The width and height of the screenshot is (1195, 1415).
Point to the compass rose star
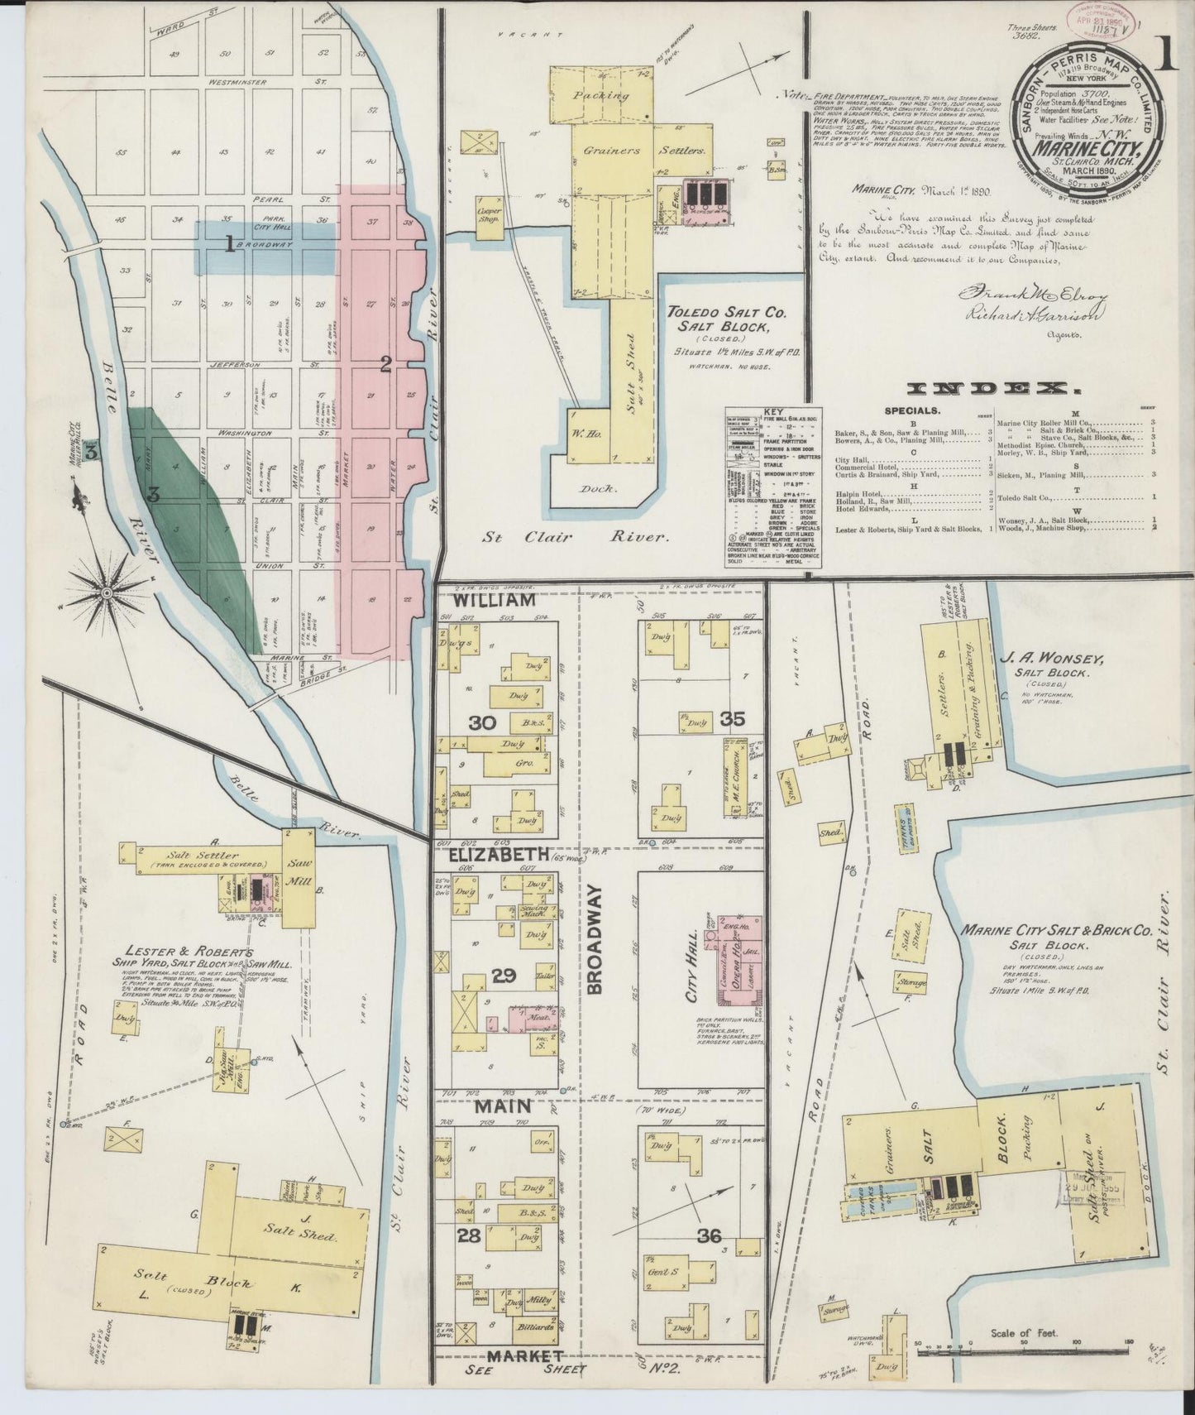(x=108, y=592)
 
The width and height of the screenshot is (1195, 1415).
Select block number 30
(x=482, y=722)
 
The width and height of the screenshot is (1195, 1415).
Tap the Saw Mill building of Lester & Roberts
(x=299, y=878)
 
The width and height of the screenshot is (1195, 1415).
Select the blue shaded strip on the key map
(x=265, y=247)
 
